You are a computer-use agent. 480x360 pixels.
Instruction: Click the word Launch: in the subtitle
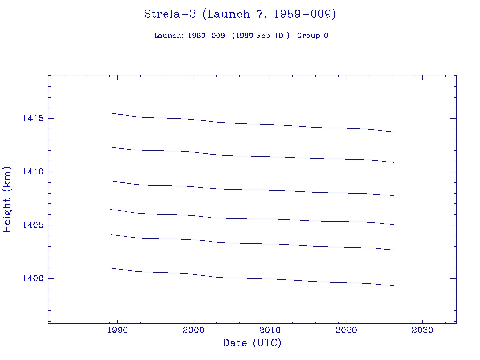pos(169,36)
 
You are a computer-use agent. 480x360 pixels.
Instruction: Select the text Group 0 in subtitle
pos(312,36)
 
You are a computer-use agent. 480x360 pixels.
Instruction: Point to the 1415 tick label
pos(32,118)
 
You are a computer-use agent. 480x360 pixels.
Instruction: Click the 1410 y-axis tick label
pos(32,172)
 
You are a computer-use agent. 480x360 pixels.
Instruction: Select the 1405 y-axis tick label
pos(32,225)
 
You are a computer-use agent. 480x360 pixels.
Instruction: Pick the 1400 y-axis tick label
pos(32,278)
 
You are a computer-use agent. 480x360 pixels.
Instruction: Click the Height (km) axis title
pos(7,199)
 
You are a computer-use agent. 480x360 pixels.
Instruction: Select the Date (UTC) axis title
pos(252,343)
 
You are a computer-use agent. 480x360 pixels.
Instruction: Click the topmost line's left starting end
pos(111,113)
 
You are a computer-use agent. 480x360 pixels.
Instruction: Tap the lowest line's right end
pos(394,285)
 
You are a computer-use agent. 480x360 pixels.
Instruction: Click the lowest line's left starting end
pos(111,268)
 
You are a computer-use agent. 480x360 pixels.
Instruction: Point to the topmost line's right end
pos(394,132)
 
